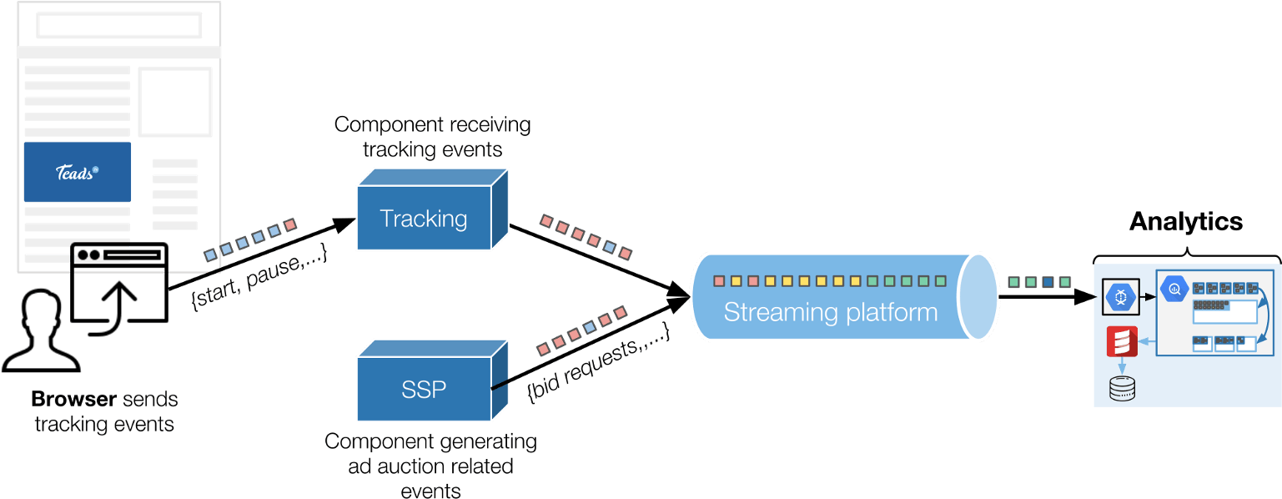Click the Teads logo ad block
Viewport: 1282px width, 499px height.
[x=77, y=172]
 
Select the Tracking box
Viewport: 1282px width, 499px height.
[x=424, y=219]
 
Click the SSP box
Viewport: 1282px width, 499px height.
[x=424, y=389]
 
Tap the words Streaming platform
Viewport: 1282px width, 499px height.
[x=830, y=313]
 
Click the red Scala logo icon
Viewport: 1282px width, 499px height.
[x=1122, y=342]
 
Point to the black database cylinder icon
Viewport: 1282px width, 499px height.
[x=1122, y=388]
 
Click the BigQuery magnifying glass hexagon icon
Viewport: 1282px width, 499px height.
[x=1175, y=290]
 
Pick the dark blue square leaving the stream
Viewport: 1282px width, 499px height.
[x=1048, y=282]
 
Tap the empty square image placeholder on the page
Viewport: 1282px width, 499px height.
[x=175, y=102]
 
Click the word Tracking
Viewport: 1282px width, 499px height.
[x=424, y=219]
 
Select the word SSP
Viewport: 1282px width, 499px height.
[x=424, y=389]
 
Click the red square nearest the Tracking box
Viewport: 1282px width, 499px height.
[x=546, y=221]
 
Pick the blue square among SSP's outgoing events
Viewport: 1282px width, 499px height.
[x=591, y=327]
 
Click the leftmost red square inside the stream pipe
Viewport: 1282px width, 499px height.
[x=719, y=281]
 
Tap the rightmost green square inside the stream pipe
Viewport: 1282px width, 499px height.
[x=941, y=281]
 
